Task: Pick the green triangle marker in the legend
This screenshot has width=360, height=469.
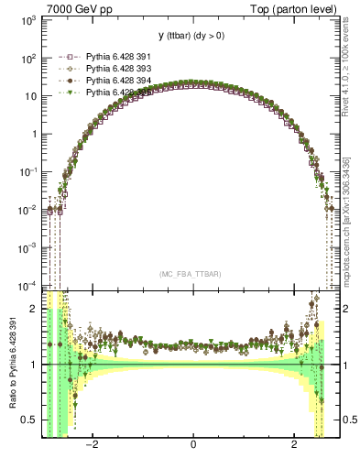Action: pos(67,93)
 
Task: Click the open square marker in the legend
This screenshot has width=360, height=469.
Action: pos(67,57)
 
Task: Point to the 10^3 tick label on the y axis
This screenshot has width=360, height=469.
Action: pos(27,20)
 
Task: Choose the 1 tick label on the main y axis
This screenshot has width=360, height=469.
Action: pos(34,134)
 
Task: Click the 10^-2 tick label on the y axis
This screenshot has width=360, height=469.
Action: pos(27,209)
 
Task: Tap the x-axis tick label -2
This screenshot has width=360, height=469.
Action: pos(92,445)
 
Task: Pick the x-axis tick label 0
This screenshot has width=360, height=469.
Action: pos(193,445)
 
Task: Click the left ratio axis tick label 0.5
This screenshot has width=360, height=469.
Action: pos(31,420)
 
